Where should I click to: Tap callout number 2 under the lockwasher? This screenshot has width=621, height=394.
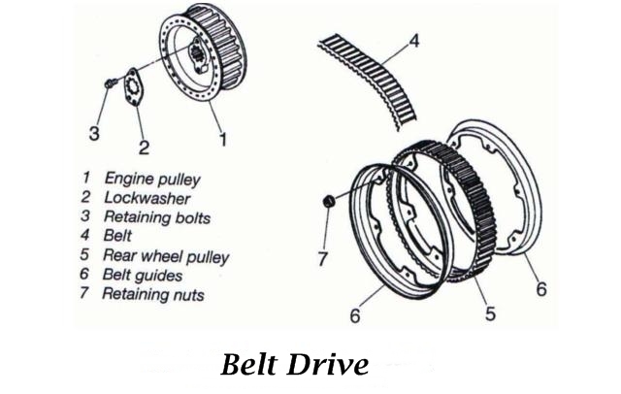pos(143,148)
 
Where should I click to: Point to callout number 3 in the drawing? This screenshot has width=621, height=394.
pos(93,134)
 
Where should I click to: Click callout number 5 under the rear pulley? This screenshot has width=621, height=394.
pos(491,312)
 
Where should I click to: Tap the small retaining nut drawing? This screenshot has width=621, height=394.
pos(328,200)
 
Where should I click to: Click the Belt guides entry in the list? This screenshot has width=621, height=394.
pos(148,275)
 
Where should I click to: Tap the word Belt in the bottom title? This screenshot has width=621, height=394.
pos(250,364)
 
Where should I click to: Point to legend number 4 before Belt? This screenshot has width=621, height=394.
pos(85,236)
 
